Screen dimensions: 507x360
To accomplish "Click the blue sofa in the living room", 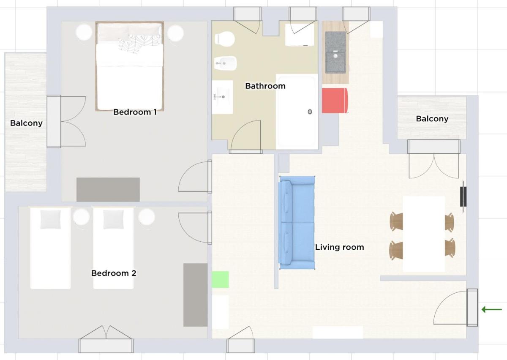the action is [297, 223].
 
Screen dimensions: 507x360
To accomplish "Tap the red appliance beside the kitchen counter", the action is [335, 101].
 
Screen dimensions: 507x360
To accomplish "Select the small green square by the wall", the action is [220, 279].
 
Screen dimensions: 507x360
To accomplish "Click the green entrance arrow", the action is [492, 309].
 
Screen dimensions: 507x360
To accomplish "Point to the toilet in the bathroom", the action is [224, 39].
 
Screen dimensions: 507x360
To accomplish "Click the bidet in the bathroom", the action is [225, 63].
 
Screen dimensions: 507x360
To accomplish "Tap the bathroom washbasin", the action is [222, 97].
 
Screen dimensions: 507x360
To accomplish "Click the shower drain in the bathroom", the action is [310, 112].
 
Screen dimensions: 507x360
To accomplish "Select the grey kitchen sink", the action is [335, 52].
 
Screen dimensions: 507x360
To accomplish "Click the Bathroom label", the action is [265, 86].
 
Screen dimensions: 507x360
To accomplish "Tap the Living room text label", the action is [340, 247].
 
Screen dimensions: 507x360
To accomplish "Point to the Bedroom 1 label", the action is [135, 112].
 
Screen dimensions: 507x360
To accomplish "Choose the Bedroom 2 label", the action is [114, 273].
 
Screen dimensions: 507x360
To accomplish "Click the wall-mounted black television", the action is [463, 196].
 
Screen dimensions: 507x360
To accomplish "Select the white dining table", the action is [424, 234].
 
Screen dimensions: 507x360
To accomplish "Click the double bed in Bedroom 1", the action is [129, 66].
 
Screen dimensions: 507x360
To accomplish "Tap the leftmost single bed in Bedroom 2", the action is [50, 248].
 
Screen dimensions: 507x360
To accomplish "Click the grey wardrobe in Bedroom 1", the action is [108, 190].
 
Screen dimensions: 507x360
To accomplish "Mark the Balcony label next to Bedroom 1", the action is [26, 123].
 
